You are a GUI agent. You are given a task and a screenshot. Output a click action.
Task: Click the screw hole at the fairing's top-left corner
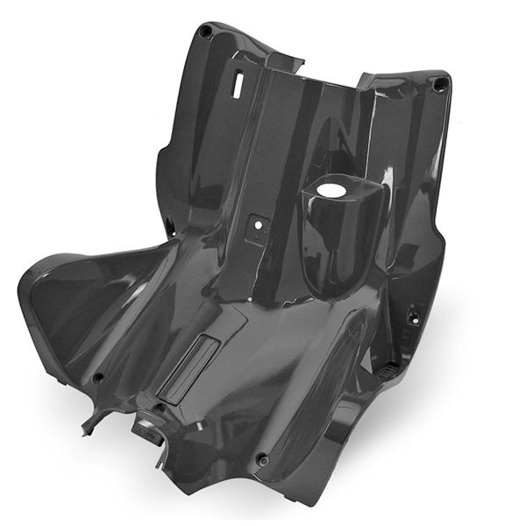click(x=205, y=32)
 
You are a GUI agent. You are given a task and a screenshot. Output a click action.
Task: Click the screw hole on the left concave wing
click(x=98, y=378)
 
